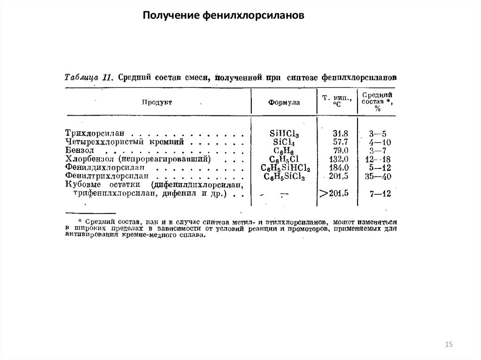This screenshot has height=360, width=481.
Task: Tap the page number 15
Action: click(448, 345)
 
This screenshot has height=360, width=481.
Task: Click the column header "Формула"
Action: click(284, 102)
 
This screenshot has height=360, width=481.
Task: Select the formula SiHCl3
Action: click(285, 133)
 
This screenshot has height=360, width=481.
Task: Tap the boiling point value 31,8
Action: click(340, 133)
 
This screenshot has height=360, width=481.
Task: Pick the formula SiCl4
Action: click(285, 142)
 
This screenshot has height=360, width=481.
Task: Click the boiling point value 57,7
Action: click(340, 141)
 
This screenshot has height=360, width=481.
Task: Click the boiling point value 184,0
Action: click(339, 168)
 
